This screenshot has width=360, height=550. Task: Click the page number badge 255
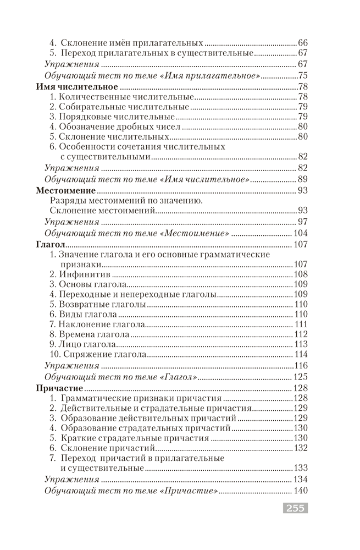point(294,509)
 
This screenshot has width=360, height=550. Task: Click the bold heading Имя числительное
point(76,86)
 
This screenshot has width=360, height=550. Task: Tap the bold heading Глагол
point(51,244)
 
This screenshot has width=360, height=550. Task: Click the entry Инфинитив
point(81,274)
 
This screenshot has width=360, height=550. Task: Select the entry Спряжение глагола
point(100,354)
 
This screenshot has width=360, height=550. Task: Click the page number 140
point(300,491)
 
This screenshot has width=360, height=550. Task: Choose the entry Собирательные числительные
point(120,107)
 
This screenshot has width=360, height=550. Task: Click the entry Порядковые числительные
point(113,117)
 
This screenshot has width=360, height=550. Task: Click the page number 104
point(300,233)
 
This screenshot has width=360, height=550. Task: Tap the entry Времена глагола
point(91,334)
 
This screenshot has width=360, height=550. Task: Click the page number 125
point(300,377)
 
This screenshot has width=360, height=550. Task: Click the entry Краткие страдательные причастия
point(130,438)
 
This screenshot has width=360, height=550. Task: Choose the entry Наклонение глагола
point(97,324)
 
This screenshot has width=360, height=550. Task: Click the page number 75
point(303,75)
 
